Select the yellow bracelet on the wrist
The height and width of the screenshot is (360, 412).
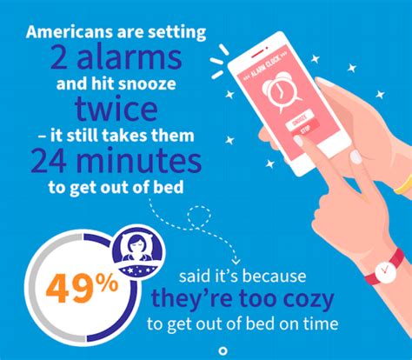pyautogui.click(x=402, y=183)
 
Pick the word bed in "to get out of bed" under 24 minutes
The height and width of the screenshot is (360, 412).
pyautogui.click(x=173, y=188)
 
